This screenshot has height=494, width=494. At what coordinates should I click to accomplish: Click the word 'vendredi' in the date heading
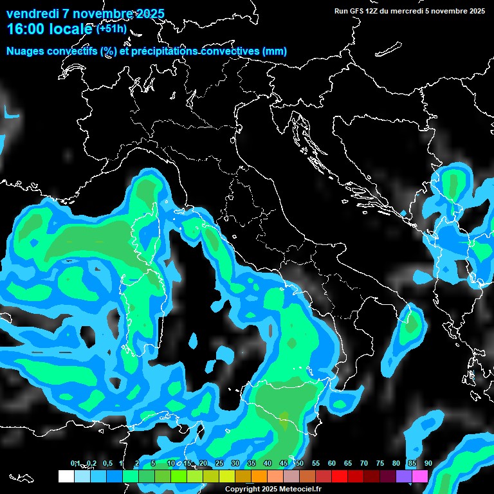pos(33,14)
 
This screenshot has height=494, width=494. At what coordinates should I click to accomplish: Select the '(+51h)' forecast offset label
pos(111,29)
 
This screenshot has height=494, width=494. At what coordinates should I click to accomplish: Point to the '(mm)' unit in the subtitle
pos(273,51)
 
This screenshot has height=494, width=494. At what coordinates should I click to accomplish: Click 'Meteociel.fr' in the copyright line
pos(299,489)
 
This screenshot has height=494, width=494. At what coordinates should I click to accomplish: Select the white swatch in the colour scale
pos(66,477)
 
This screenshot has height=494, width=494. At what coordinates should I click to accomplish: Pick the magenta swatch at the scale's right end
pos(420,477)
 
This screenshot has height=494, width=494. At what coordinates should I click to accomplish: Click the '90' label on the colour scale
pos(428,464)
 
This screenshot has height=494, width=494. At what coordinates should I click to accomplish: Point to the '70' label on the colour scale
pos(364,464)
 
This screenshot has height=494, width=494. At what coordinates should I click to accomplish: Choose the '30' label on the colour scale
pos(235,464)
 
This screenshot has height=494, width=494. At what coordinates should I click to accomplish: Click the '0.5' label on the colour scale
pos(107,464)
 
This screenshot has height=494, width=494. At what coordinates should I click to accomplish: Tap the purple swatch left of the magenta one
pos(404,477)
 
